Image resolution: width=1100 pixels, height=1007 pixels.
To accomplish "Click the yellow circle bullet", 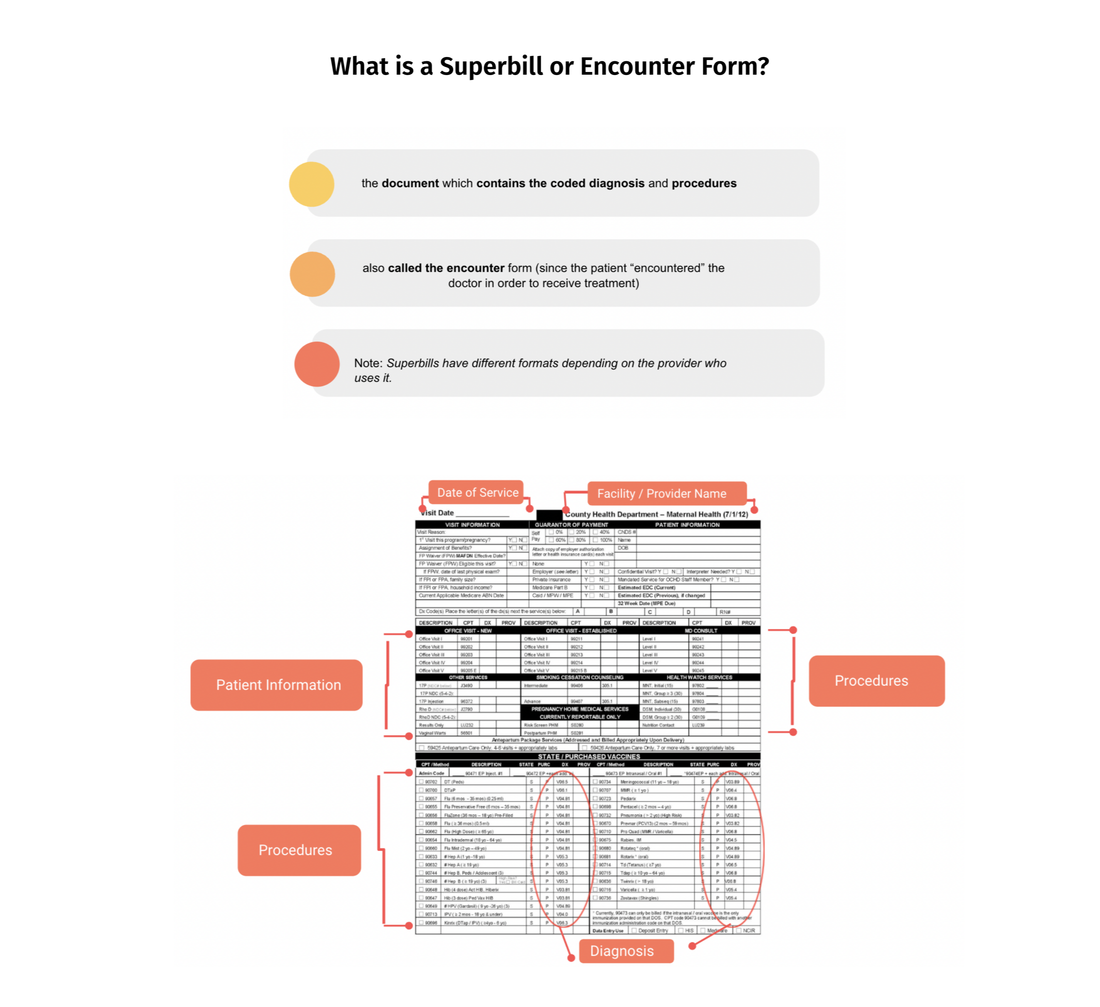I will tap(311, 184).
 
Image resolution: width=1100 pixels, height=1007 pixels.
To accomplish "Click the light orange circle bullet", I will tap(312, 274).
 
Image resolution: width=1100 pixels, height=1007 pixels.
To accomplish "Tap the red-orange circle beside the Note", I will tap(317, 364).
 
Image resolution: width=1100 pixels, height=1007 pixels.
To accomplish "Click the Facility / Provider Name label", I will tap(661, 493).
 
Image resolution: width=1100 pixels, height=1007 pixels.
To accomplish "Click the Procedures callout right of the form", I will tap(871, 680).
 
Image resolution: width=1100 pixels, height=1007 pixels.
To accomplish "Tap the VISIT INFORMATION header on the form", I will tap(472, 525).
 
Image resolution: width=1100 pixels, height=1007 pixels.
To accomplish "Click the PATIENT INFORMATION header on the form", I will tap(687, 525).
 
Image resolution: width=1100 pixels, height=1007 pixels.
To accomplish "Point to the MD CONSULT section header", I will tap(701, 631).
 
